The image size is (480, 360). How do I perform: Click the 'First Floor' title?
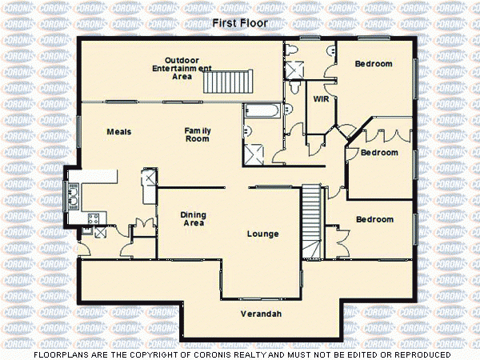tap(241, 23)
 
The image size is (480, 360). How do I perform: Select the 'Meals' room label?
tap(119, 132)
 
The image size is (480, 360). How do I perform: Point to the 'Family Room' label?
tap(197, 134)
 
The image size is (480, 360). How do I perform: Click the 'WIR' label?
tap(322, 100)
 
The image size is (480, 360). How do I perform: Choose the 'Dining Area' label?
tap(193, 218)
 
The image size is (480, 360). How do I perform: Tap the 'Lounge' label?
tap(263, 234)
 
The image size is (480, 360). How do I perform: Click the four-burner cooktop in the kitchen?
tap(93, 218)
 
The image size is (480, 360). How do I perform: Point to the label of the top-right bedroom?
tap(374, 64)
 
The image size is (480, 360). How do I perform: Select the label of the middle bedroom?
tap(378, 152)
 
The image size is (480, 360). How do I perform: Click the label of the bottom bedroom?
tap(374, 219)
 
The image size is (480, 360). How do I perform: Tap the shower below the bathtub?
tap(258, 152)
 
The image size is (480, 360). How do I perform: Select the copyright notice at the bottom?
tap(241, 354)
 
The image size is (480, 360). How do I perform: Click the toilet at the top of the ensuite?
tap(293, 50)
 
